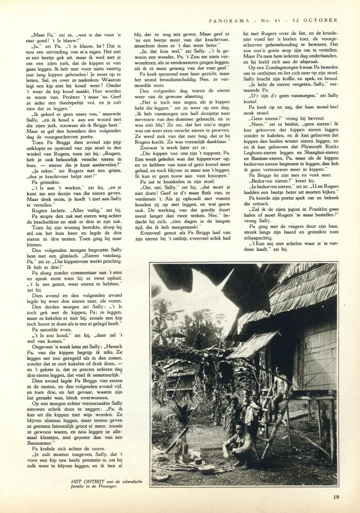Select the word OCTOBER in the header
click(323, 20)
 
